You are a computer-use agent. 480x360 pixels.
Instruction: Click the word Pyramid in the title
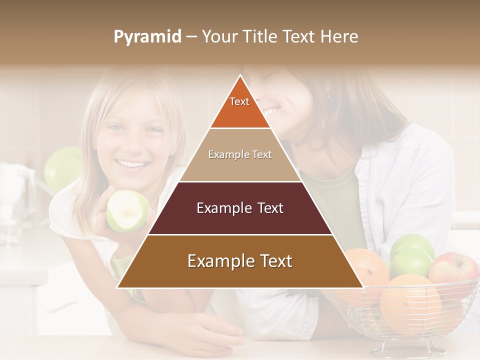147,37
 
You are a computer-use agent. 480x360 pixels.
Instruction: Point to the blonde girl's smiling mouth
132,163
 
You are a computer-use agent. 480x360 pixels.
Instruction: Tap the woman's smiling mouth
270,109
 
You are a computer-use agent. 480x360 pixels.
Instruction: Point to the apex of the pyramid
240,76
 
